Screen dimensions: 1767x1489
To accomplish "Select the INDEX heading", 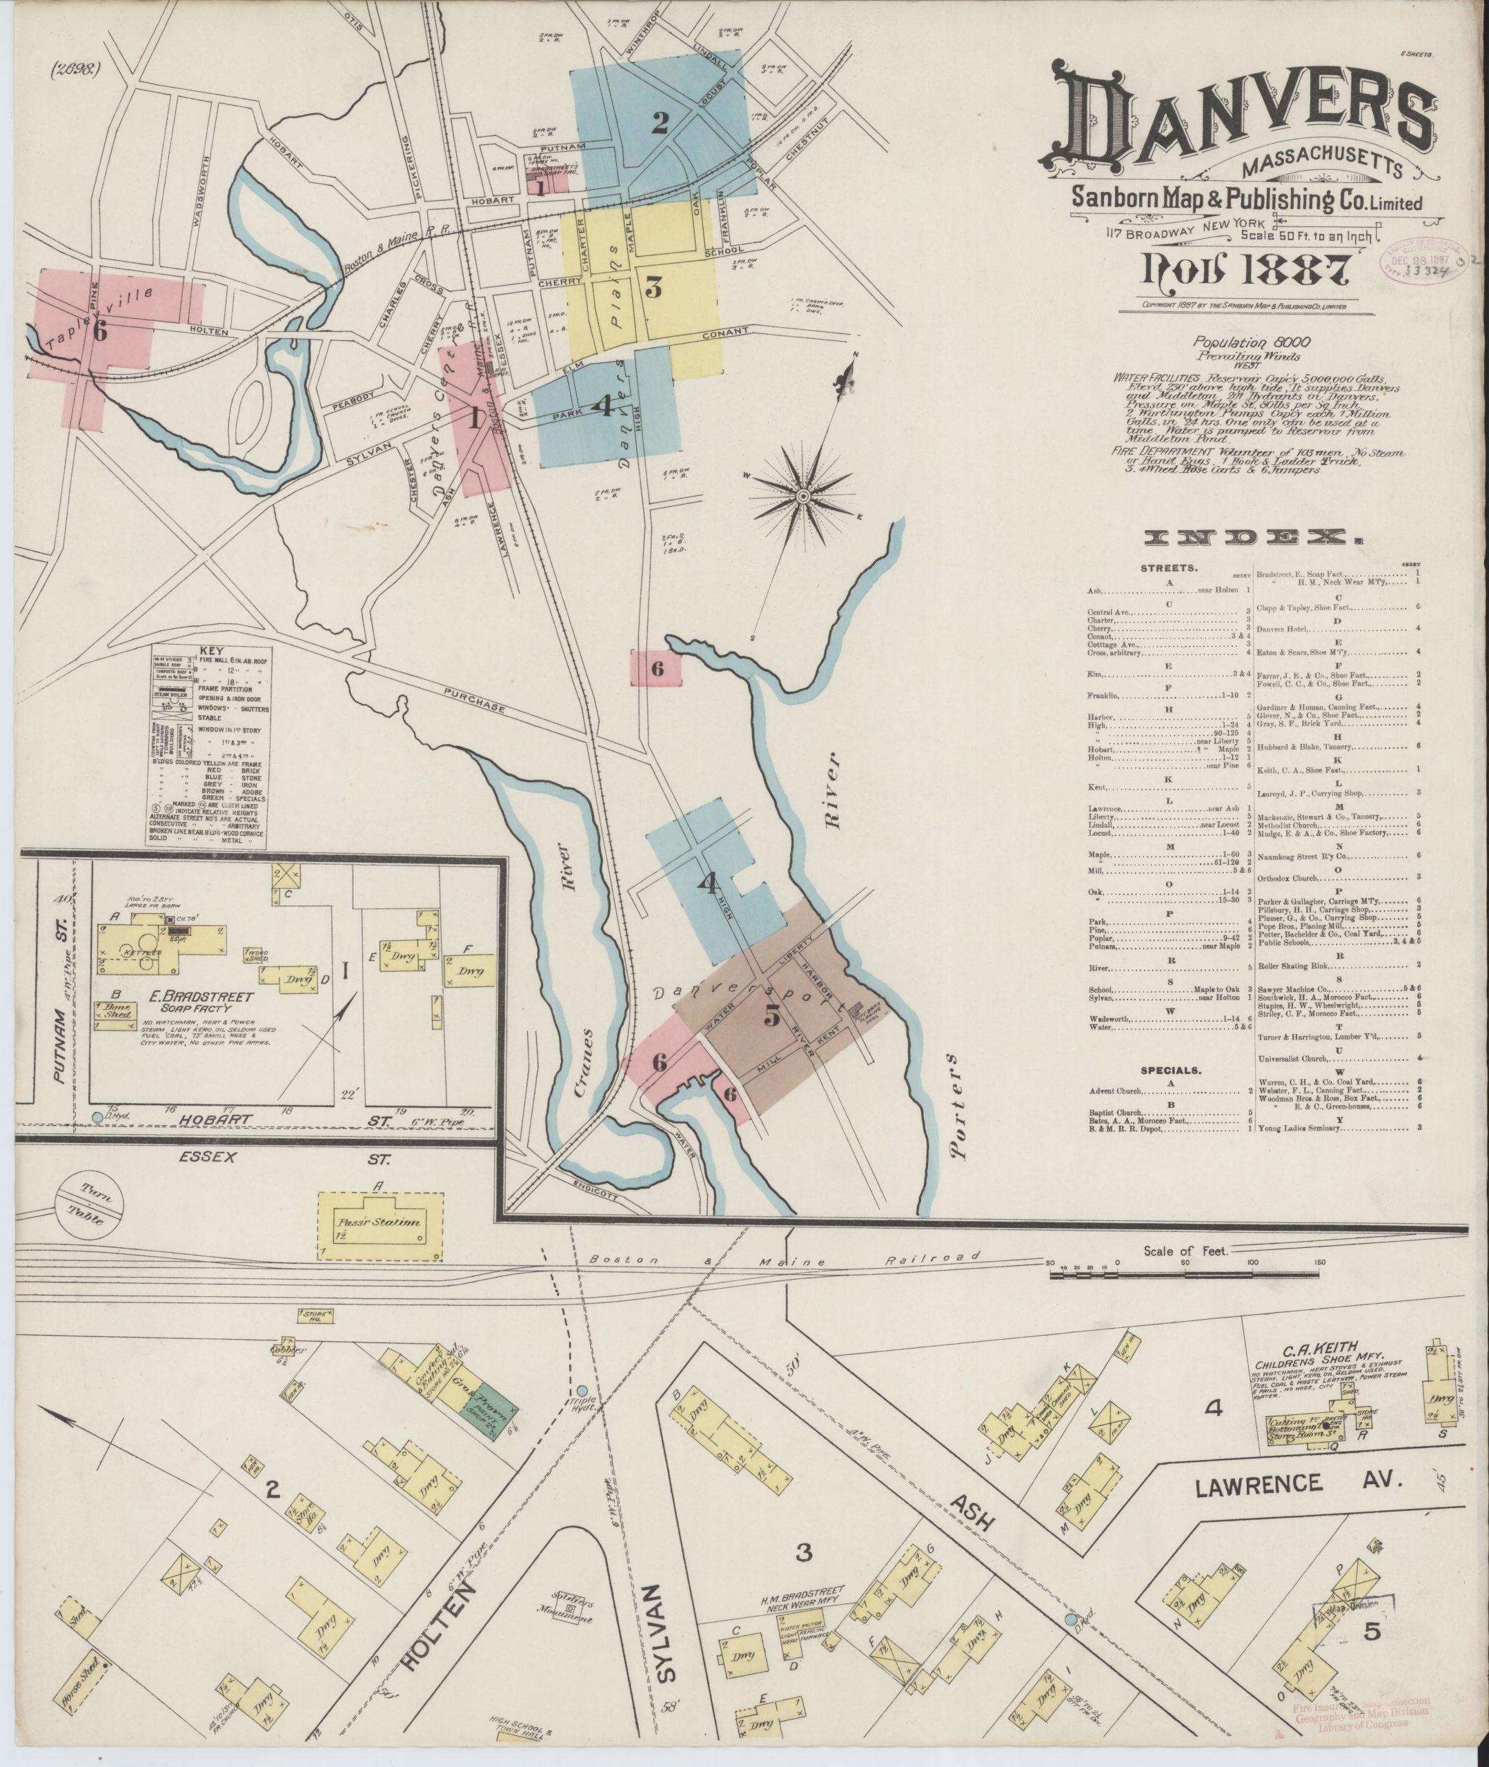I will click(1252, 537).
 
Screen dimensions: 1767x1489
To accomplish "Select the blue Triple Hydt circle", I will click(583, 1389).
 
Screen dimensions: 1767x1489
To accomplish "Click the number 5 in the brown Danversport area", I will click(771, 1017).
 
